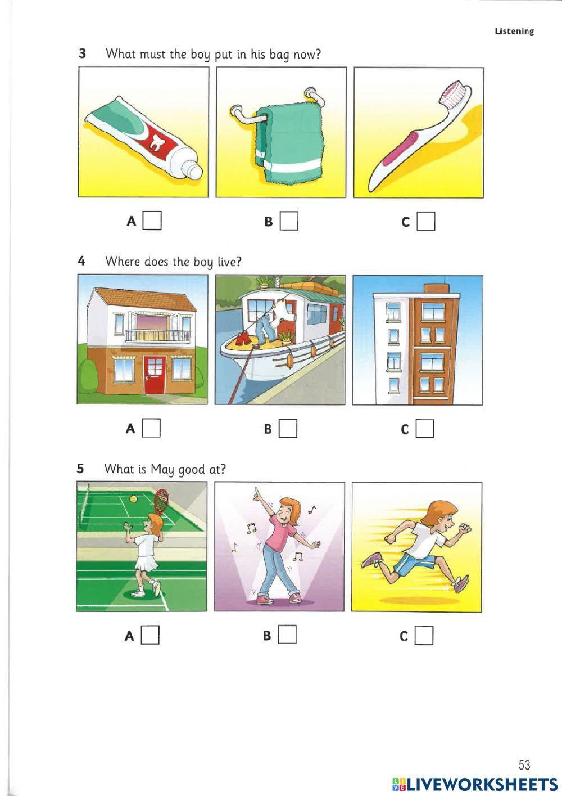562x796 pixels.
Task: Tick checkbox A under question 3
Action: pos(152,221)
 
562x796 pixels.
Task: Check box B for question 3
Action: pos(289,221)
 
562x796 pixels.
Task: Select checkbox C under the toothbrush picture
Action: pos(426,221)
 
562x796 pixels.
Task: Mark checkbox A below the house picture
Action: pos(151,428)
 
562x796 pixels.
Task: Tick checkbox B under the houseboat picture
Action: pos(288,429)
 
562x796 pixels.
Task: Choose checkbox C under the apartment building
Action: pos(425,429)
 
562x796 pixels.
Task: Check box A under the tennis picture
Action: pos(150,635)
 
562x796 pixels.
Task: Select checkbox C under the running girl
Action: pos(424,636)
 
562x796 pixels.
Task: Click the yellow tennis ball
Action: pos(133,498)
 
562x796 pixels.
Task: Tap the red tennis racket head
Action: pos(161,500)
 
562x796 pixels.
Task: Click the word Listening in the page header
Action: pos(514,32)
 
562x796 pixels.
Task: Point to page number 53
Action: pos(524,764)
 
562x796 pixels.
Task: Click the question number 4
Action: pos(81,261)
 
